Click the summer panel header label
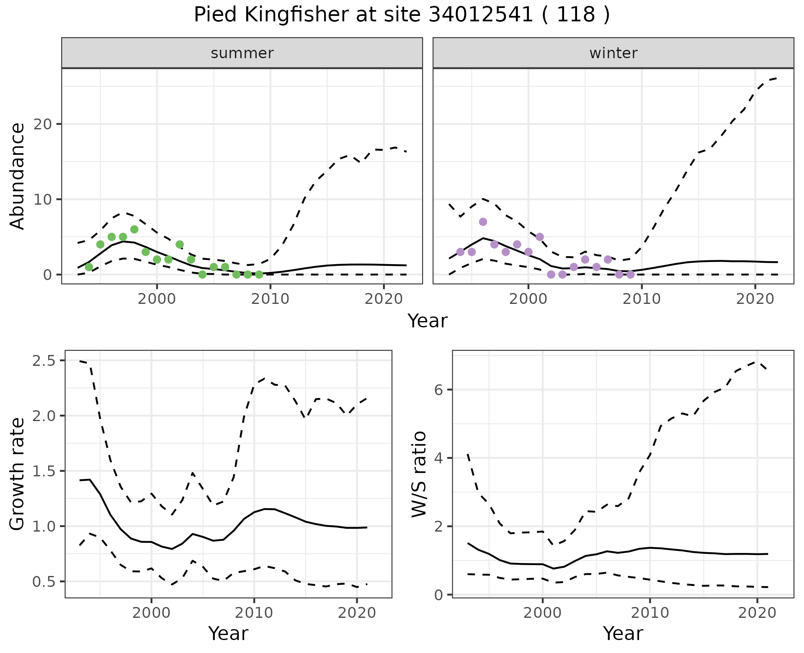242,53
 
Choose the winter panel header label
613,53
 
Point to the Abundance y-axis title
17,176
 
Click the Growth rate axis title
17,474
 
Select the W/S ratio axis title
419,474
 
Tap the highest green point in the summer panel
134,229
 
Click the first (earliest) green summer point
89,267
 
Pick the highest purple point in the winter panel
483,222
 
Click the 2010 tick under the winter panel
642,299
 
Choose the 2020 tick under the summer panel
384,299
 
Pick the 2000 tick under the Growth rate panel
151,613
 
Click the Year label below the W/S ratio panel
623,634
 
